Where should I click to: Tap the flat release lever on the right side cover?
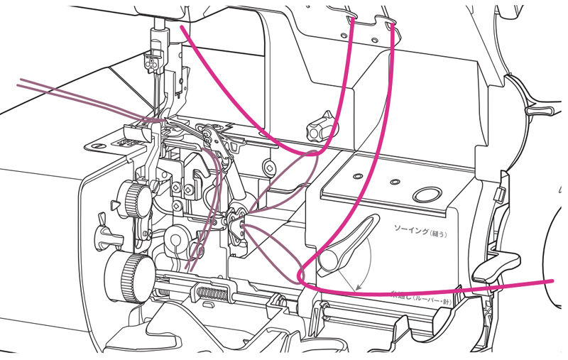pos(497,270)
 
